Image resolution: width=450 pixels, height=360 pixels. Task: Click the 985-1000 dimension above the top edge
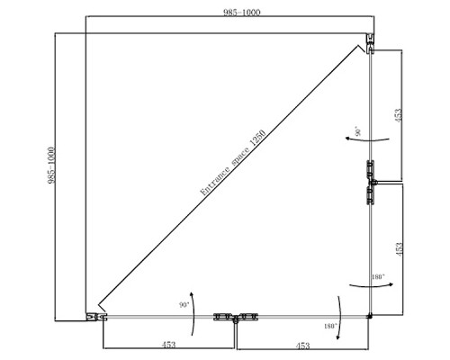point(242,13)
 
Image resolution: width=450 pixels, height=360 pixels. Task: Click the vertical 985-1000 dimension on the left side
point(51,165)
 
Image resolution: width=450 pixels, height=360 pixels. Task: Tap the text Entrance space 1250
point(233,162)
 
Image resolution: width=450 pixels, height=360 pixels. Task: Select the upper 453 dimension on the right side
point(398,115)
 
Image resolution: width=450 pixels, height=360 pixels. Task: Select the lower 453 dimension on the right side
point(399,249)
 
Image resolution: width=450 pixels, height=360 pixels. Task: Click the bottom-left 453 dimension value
point(168,345)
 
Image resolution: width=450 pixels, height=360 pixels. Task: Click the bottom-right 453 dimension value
point(302,346)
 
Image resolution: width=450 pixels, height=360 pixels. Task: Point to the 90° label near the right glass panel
point(358,131)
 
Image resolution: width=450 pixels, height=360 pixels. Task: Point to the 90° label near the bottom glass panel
point(184,305)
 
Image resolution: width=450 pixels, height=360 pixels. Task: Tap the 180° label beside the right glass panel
point(378,276)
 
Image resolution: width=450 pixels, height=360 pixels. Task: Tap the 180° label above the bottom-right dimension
point(330,326)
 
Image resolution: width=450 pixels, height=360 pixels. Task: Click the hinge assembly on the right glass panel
point(372,182)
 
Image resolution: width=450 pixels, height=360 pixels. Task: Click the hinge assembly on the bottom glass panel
point(236,318)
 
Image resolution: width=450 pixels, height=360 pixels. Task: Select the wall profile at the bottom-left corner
point(96,317)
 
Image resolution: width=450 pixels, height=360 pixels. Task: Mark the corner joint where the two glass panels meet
point(370,316)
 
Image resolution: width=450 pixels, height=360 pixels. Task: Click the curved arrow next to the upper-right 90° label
point(367,139)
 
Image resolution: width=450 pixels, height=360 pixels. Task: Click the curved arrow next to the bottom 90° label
point(193,313)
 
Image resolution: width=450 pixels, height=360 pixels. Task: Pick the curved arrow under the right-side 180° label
point(371,286)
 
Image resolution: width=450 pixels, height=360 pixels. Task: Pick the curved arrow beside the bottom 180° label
point(340,318)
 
